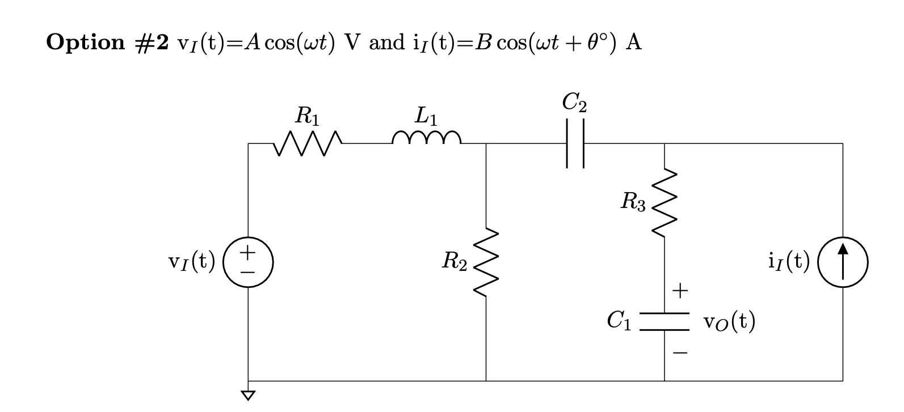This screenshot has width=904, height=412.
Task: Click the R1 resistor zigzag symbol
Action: click(308, 144)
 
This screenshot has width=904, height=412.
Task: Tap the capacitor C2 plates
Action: click(575, 143)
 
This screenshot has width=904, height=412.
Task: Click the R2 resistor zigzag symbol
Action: click(486, 262)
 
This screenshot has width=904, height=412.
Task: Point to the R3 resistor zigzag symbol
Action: click(665, 202)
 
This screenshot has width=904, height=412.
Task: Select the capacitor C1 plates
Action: click(665, 321)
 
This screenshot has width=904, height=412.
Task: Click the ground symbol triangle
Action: click(248, 394)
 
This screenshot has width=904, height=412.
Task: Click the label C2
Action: click(574, 103)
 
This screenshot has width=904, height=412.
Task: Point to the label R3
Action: click(633, 202)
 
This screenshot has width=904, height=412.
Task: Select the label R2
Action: click(455, 262)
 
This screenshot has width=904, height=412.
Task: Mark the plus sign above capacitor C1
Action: click(680, 291)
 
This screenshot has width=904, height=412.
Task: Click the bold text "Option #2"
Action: click(107, 43)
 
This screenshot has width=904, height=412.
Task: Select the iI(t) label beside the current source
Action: click(789, 261)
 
